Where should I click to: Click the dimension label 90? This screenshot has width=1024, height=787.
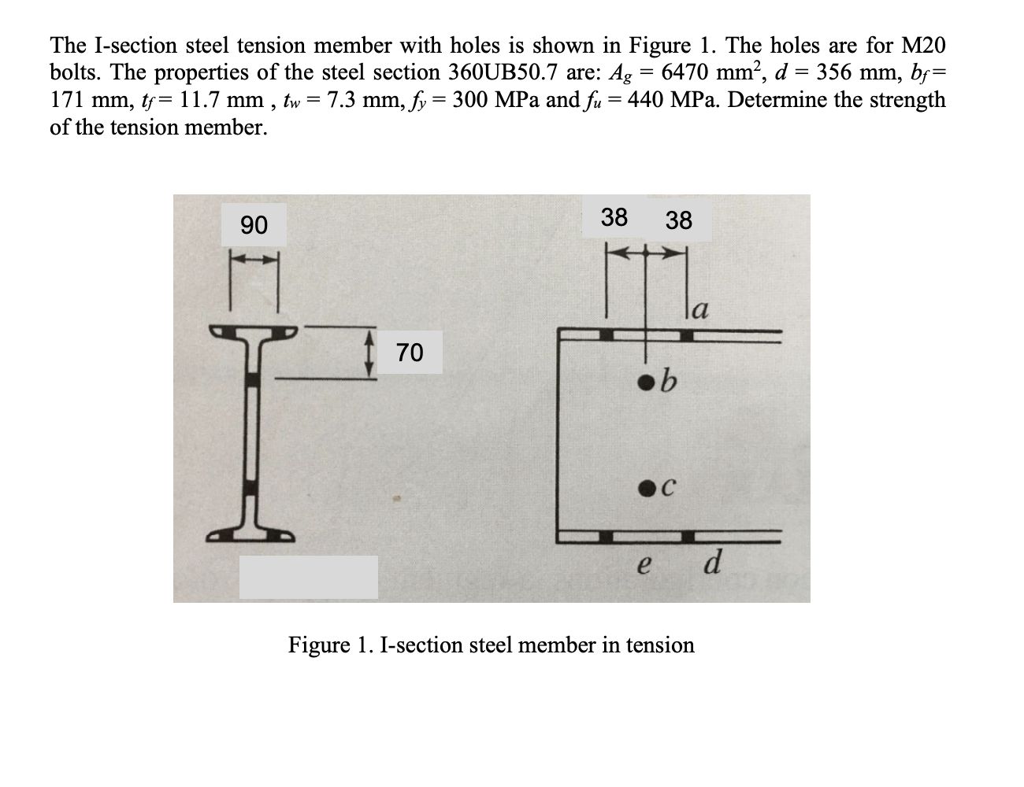254,225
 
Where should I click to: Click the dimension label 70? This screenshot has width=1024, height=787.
410,352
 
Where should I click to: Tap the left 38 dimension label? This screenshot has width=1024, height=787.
614,216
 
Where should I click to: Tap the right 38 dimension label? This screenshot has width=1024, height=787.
678,220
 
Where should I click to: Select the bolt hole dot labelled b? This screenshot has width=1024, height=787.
647,383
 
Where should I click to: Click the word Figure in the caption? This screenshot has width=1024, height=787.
318,645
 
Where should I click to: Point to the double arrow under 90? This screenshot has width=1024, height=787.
254,259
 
